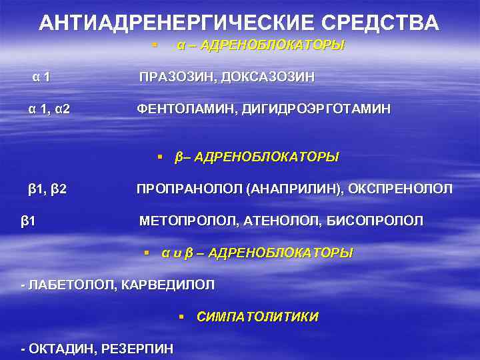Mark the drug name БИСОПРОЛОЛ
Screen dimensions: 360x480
tap(375, 221)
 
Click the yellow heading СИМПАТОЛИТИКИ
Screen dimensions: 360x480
tap(257, 317)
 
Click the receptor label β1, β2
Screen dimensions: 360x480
tap(47, 189)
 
